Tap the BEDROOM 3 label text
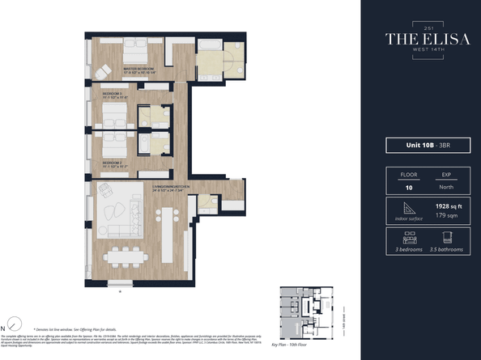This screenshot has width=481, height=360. point(113,95)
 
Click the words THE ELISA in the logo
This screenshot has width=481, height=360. point(419,38)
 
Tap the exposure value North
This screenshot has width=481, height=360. point(446,186)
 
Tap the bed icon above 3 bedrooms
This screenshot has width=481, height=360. point(409,239)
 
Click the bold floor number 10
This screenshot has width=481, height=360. point(408,186)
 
